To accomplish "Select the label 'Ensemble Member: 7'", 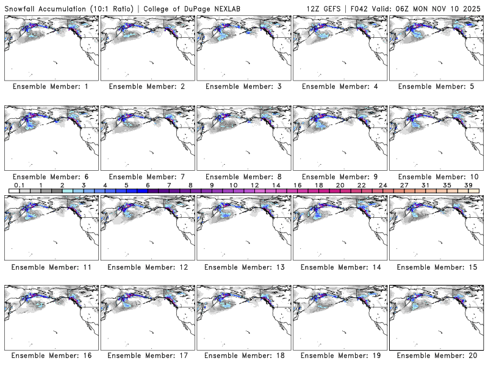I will (146, 176).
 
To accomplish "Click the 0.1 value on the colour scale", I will (19, 185).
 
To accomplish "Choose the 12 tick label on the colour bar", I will (254, 185).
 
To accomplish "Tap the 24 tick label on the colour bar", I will (382, 185).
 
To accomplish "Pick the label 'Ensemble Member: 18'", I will (243, 354).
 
